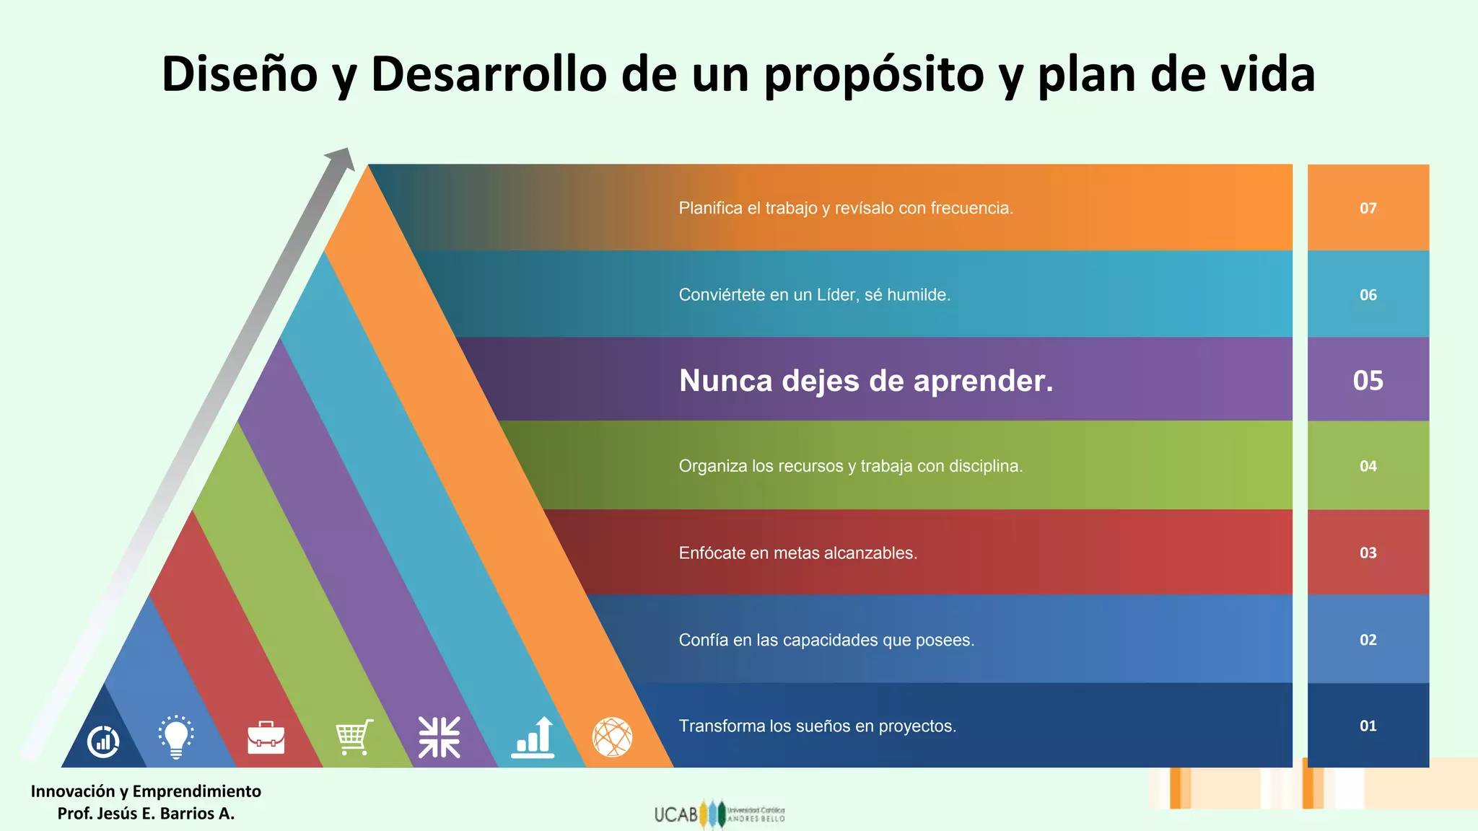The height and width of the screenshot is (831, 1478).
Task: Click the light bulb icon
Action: click(175, 737)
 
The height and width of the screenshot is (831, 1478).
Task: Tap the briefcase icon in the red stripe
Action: click(266, 737)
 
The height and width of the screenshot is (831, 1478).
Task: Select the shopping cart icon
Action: click(355, 737)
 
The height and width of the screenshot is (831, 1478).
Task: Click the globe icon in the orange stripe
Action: click(612, 737)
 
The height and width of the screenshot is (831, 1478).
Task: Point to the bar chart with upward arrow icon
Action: click(533, 737)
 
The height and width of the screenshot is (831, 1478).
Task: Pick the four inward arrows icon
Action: click(440, 737)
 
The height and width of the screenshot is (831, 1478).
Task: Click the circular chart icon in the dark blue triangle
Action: click(103, 742)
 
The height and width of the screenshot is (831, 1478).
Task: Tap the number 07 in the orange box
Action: click(1368, 208)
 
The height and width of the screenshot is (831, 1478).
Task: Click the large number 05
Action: click(1368, 380)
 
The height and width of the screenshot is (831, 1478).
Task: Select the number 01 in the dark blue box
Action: click(1368, 726)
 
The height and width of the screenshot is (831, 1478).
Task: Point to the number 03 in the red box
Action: click(1368, 553)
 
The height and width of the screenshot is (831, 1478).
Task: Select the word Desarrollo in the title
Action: click(489, 74)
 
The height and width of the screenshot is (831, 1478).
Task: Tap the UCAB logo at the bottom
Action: click(719, 814)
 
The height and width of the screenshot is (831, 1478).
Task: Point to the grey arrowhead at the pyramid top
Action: click(341, 159)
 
